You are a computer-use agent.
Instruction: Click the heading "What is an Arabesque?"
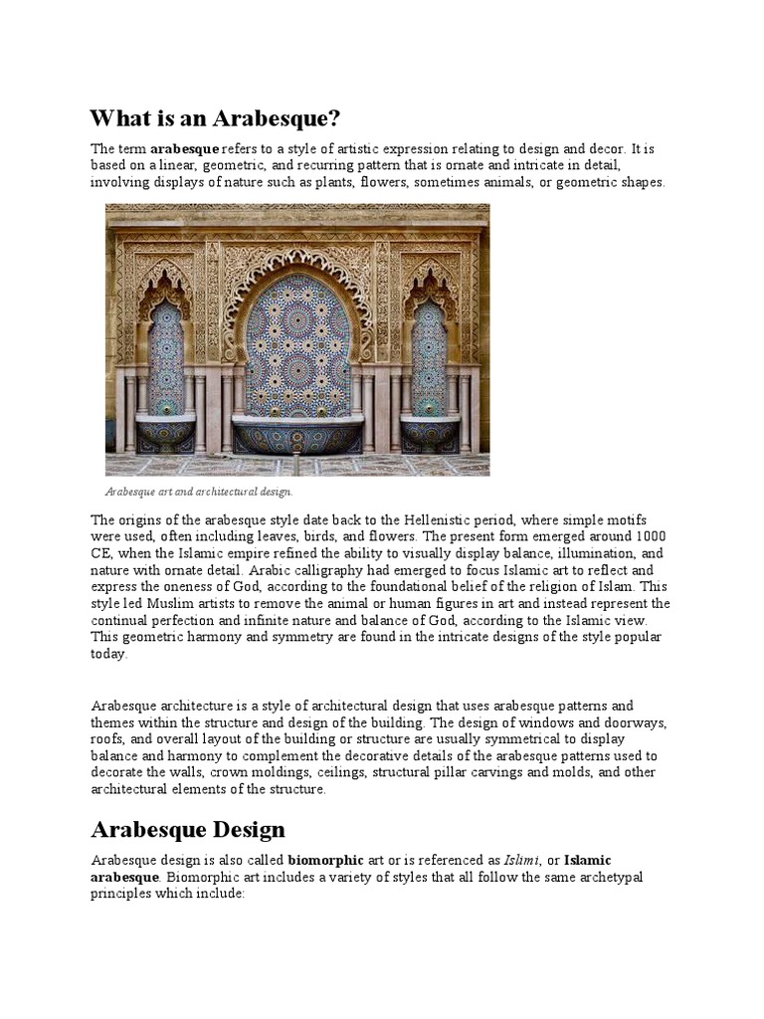[215, 119]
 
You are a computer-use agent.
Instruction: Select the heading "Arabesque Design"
[188, 829]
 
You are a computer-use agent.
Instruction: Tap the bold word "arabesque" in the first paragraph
[184, 148]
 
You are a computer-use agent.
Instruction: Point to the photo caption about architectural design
[199, 492]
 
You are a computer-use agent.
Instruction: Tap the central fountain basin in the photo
[296, 435]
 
